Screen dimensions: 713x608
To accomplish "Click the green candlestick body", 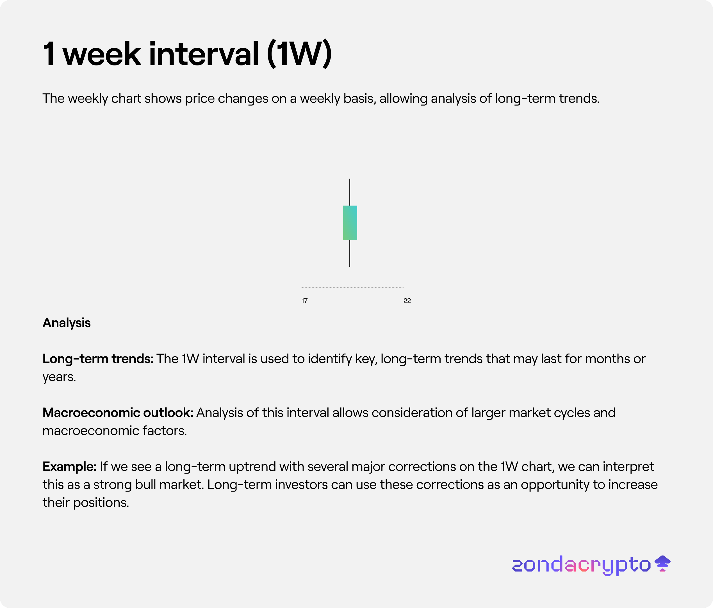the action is point(350,223).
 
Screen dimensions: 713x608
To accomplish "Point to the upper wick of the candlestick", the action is point(350,192).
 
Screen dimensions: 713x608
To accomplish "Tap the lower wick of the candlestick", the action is point(350,253).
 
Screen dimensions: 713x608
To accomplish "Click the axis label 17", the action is point(304,301).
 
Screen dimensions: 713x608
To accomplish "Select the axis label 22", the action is point(407,301).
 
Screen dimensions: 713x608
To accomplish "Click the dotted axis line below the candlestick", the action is point(352,287).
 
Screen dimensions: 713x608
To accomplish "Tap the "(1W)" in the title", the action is point(299,54).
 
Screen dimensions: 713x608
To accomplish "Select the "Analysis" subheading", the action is point(66,323).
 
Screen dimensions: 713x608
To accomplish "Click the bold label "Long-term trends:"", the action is point(98,359).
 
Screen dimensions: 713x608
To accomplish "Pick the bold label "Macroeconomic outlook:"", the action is point(118,413).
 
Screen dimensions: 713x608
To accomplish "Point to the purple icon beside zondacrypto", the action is point(662,564).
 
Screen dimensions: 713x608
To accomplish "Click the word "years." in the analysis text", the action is point(59,377).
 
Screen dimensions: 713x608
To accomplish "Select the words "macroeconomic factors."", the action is point(115,431).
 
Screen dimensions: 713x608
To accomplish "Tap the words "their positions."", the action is point(86,503).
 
